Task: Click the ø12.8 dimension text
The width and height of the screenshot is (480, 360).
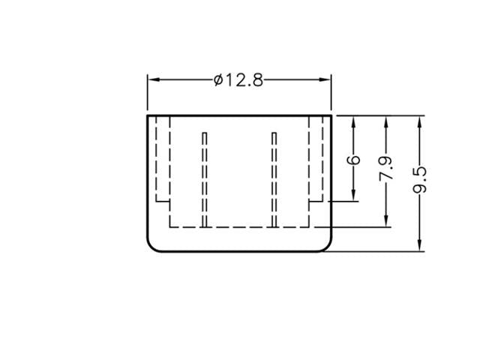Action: tap(238, 79)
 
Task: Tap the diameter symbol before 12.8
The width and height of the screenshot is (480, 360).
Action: tap(217, 79)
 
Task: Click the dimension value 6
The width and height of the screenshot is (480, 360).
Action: tap(354, 160)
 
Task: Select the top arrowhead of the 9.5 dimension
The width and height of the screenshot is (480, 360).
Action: tap(420, 120)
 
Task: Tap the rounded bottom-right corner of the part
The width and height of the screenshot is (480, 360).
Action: tap(326, 245)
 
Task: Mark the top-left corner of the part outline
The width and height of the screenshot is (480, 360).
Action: tap(147, 115)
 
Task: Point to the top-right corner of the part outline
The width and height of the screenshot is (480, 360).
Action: tap(331, 115)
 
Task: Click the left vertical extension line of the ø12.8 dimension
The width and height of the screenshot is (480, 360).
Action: tap(147, 94)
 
